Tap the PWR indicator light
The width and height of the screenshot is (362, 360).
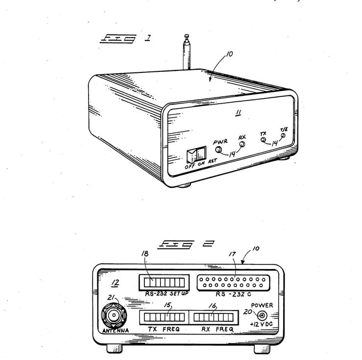218,150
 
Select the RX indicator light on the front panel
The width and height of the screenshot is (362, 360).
241,145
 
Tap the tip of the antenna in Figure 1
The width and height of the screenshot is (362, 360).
186,36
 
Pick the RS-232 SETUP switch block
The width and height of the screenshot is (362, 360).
164,283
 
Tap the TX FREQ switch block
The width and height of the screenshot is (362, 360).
163,317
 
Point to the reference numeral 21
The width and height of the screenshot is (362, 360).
111,298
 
